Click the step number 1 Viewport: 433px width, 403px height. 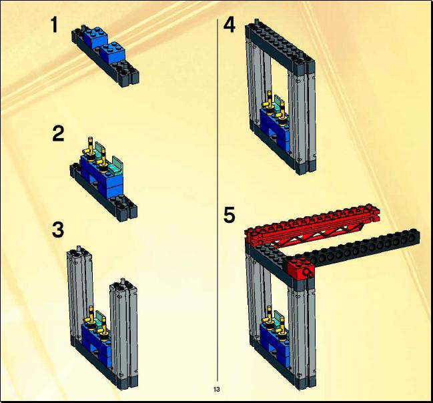pyautogui.click(x=55, y=25)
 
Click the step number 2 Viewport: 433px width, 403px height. pyautogui.click(x=58, y=133)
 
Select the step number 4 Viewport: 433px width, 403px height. pyautogui.click(x=230, y=25)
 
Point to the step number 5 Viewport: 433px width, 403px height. pyautogui.click(x=230, y=215)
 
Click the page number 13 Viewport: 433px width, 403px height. pyautogui.click(x=216, y=390)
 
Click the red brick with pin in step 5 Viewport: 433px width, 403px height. pyautogui.click(x=300, y=268)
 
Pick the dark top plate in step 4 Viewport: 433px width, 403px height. pyautogui.click(x=280, y=46)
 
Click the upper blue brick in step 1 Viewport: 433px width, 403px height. pyautogui.click(x=97, y=37)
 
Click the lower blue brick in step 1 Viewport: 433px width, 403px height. pyautogui.click(x=113, y=53)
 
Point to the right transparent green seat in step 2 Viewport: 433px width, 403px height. pyautogui.click(x=116, y=164)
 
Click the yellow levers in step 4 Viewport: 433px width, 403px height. pyautogui.click(x=276, y=109)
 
